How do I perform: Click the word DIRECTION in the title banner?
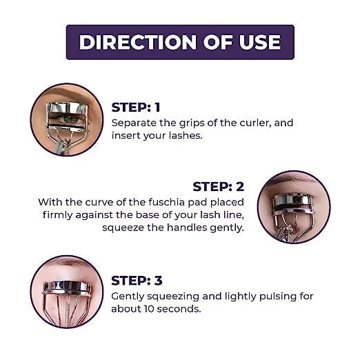[x=138, y=42]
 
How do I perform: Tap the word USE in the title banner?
[x=260, y=42]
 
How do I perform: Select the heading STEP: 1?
[x=136, y=108]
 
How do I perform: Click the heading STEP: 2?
[x=219, y=186]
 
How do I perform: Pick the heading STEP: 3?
[x=137, y=281]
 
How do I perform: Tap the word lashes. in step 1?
[x=186, y=135]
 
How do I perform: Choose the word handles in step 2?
[x=187, y=228]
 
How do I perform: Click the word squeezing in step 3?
[x=173, y=297]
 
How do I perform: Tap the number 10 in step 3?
[x=149, y=309]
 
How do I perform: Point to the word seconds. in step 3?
[x=179, y=309]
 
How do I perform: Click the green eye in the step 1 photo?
[x=68, y=119]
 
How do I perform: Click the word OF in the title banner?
[x=218, y=42]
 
